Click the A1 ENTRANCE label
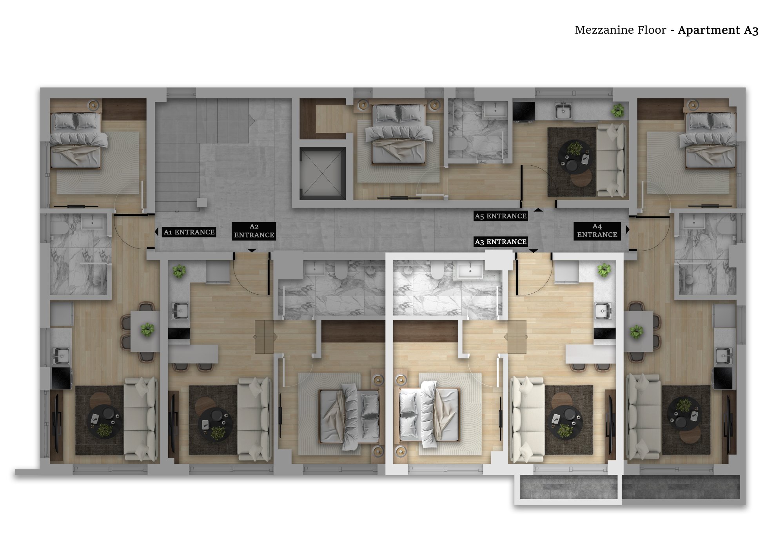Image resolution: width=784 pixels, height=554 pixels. pyautogui.click(x=189, y=232)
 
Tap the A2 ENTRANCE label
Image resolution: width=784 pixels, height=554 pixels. pyautogui.click(x=254, y=231)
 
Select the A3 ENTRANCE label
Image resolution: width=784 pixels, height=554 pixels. pyautogui.click(x=501, y=242)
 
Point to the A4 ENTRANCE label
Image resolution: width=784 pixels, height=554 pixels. pyautogui.click(x=597, y=230)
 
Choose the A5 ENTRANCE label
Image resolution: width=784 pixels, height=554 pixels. pyautogui.click(x=501, y=216)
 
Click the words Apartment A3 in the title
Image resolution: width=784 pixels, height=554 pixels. pyautogui.click(x=718, y=30)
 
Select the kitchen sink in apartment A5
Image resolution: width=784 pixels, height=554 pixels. pyautogui.click(x=563, y=111)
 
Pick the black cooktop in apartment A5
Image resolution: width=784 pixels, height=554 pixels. pyautogui.click(x=524, y=111)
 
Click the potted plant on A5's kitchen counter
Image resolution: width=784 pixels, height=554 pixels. pyautogui.click(x=618, y=110)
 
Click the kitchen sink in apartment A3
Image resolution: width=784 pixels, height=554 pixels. pyautogui.click(x=603, y=311)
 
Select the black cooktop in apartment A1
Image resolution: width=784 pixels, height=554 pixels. pyautogui.click(x=62, y=378)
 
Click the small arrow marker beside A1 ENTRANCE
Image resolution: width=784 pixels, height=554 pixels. pyautogui.click(x=157, y=232)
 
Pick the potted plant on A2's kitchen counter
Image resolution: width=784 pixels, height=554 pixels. pyautogui.click(x=179, y=271)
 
